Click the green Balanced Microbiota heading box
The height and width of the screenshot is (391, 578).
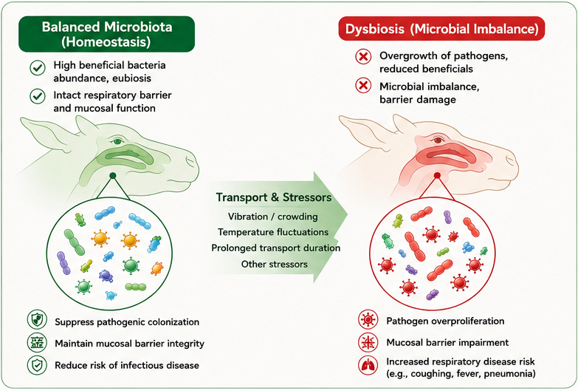[106, 34]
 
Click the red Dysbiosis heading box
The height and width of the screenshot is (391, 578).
[441, 29]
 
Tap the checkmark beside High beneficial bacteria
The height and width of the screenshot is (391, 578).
[38, 68]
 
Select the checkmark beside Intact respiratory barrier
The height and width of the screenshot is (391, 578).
[38, 96]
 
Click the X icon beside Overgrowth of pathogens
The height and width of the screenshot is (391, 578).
[363, 57]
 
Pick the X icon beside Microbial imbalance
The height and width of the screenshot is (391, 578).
[363, 86]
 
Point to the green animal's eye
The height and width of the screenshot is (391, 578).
[117, 141]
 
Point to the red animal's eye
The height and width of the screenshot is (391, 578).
[438, 140]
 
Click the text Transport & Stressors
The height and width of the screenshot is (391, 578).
[274, 197]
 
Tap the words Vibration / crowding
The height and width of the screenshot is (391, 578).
[273, 217]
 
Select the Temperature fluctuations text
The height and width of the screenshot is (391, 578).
[273, 232]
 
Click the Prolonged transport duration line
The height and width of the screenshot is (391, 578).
[276, 248]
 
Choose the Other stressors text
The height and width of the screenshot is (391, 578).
[275, 265]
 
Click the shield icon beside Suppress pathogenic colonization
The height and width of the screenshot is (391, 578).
[37, 320]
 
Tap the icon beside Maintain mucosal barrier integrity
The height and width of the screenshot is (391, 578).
[37, 342]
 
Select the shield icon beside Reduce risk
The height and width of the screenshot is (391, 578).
[37, 365]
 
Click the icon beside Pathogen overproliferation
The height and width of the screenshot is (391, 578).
[368, 319]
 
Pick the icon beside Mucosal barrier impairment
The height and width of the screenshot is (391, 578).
[368, 342]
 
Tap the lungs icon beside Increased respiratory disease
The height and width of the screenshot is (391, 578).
[368, 366]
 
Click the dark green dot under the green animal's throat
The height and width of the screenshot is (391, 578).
[113, 175]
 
